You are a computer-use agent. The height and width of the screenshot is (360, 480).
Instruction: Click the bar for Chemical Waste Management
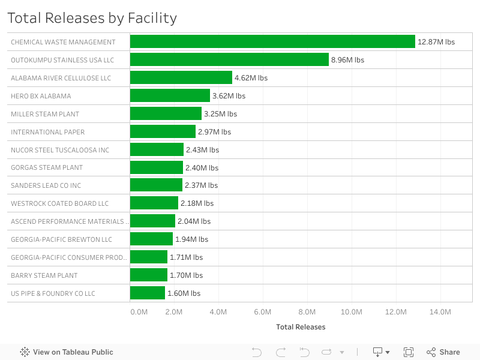(x=272, y=42)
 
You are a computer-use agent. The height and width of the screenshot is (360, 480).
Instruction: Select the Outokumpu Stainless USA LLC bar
(x=229, y=60)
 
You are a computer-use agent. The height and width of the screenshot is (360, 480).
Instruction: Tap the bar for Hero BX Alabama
(x=170, y=96)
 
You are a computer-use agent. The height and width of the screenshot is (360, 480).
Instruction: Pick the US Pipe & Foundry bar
(x=147, y=293)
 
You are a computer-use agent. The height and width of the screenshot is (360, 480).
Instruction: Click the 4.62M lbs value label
(x=251, y=78)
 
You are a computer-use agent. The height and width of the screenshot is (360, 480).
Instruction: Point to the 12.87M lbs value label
(x=436, y=42)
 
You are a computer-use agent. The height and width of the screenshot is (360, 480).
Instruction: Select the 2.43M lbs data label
(x=202, y=150)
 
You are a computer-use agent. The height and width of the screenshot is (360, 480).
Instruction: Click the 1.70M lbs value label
(x=186, y=275)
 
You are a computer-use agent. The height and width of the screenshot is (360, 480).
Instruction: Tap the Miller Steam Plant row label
(x=45, y=114)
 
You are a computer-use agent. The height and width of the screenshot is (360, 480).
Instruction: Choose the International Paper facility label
(x=48, y=132)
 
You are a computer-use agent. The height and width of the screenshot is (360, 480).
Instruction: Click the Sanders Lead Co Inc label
(x=46, y=185)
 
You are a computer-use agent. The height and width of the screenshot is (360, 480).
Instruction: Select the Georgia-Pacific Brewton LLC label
(x=61, y=239)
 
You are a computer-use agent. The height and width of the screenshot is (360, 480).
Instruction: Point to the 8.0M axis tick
(x=307, y=312)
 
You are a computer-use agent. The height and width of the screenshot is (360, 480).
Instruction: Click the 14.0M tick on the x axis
(x=440, y=312)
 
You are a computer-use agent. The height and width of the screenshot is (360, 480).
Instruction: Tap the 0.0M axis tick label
(x=139, y=312)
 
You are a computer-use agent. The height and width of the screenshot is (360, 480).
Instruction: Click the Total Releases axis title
(x=301, y=327)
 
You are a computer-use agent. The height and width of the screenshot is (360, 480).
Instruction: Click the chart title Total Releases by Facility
(x=92, y=18)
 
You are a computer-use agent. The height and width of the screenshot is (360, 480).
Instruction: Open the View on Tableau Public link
(x=67, y=352)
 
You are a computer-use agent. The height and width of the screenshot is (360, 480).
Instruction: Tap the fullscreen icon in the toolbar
(x=409, y=352)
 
